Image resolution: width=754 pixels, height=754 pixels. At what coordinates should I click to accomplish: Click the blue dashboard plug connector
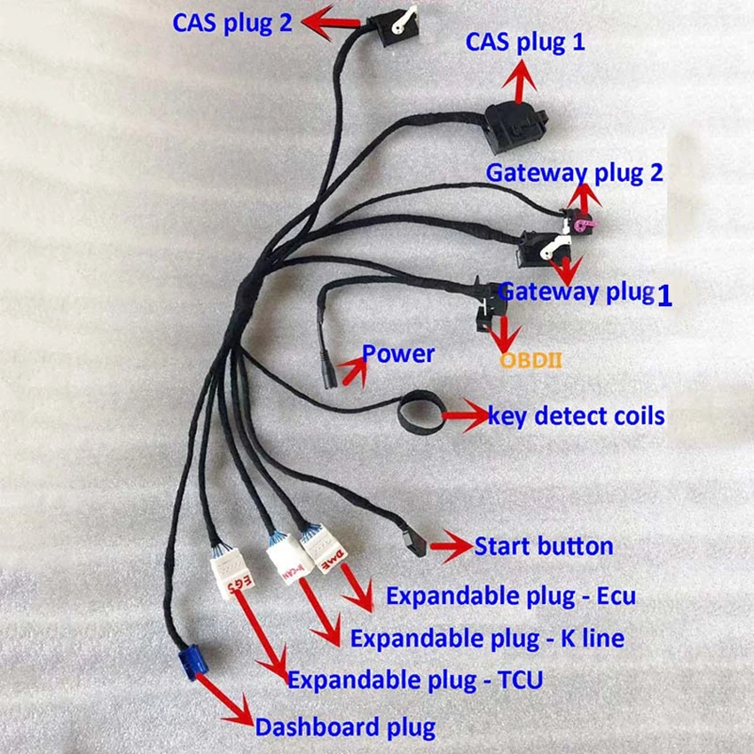point(193,662)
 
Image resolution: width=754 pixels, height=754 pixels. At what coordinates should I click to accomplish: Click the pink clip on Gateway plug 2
point(585,224)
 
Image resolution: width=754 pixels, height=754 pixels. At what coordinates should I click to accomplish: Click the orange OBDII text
point(530,360)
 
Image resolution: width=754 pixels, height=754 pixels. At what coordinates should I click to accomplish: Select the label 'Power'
point(398,354)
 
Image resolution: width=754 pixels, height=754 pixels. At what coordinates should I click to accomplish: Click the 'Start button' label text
point(544,546)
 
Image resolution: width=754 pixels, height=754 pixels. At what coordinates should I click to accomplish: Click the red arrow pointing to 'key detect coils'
point(465,415)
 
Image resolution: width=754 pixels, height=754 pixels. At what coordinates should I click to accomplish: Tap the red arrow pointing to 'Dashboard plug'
point(224,700)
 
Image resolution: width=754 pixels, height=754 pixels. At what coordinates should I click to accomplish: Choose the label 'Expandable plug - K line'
point(487,639)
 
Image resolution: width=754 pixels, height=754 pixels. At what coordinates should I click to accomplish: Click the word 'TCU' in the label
point(521,680)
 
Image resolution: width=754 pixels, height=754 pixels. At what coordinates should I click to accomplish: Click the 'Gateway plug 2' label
point(574,173)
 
